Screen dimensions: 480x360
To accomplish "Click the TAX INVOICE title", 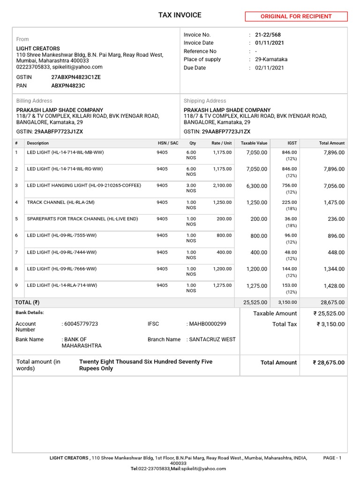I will (x=180, y=15).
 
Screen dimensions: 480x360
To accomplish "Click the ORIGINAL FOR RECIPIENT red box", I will (x=296, y=16).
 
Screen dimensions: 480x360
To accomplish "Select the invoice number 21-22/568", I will (x=268, y=35).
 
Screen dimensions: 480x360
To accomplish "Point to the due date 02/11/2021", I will (x=269, y=67).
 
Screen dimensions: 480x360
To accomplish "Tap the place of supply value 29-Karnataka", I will (x=271, y=60).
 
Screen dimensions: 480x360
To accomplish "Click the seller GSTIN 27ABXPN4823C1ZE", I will (x=76, y=77).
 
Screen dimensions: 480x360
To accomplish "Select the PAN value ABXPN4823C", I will (x=68, y=86).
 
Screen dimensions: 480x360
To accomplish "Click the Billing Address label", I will (x=34, y=101).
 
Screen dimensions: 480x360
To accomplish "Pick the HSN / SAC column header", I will (x=168, y=143).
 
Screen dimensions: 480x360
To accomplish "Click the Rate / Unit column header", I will (x=221, y=143).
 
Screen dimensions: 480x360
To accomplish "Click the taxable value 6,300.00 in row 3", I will (x=256, y=186).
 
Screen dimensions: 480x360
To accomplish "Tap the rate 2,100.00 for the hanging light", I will (x=222, y=185).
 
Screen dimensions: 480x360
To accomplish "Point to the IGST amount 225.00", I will (x=289, y=202).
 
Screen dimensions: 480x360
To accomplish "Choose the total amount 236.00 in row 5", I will (x=336, y=219).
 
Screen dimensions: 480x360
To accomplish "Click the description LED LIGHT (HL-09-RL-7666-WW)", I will (x=62, y=269).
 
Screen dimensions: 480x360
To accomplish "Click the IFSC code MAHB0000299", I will (x=208, y=324).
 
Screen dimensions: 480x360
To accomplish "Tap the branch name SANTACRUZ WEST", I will (x=212, y=339).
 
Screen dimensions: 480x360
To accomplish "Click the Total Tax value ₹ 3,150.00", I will (x=330, y=324).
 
